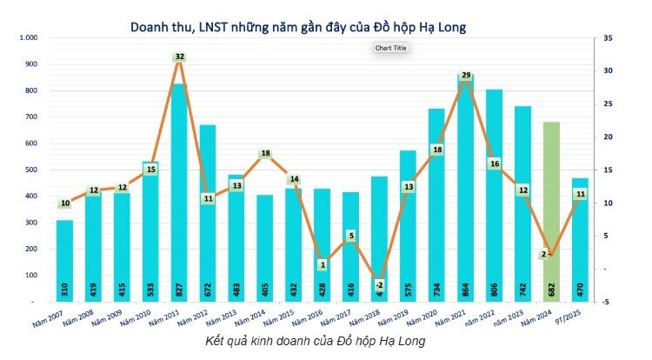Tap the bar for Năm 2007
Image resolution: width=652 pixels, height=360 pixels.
64,260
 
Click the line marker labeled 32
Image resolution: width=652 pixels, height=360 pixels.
179,57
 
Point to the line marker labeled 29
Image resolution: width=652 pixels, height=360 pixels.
466,77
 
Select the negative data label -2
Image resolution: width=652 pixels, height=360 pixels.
378,284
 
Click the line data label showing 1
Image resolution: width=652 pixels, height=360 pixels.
322,264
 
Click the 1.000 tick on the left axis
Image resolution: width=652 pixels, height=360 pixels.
28,38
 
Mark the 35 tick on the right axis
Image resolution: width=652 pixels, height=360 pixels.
609,38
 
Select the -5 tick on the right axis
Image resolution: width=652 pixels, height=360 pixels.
608,302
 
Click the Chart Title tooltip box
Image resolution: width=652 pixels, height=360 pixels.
390,48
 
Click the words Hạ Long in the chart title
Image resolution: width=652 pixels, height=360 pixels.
440,27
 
